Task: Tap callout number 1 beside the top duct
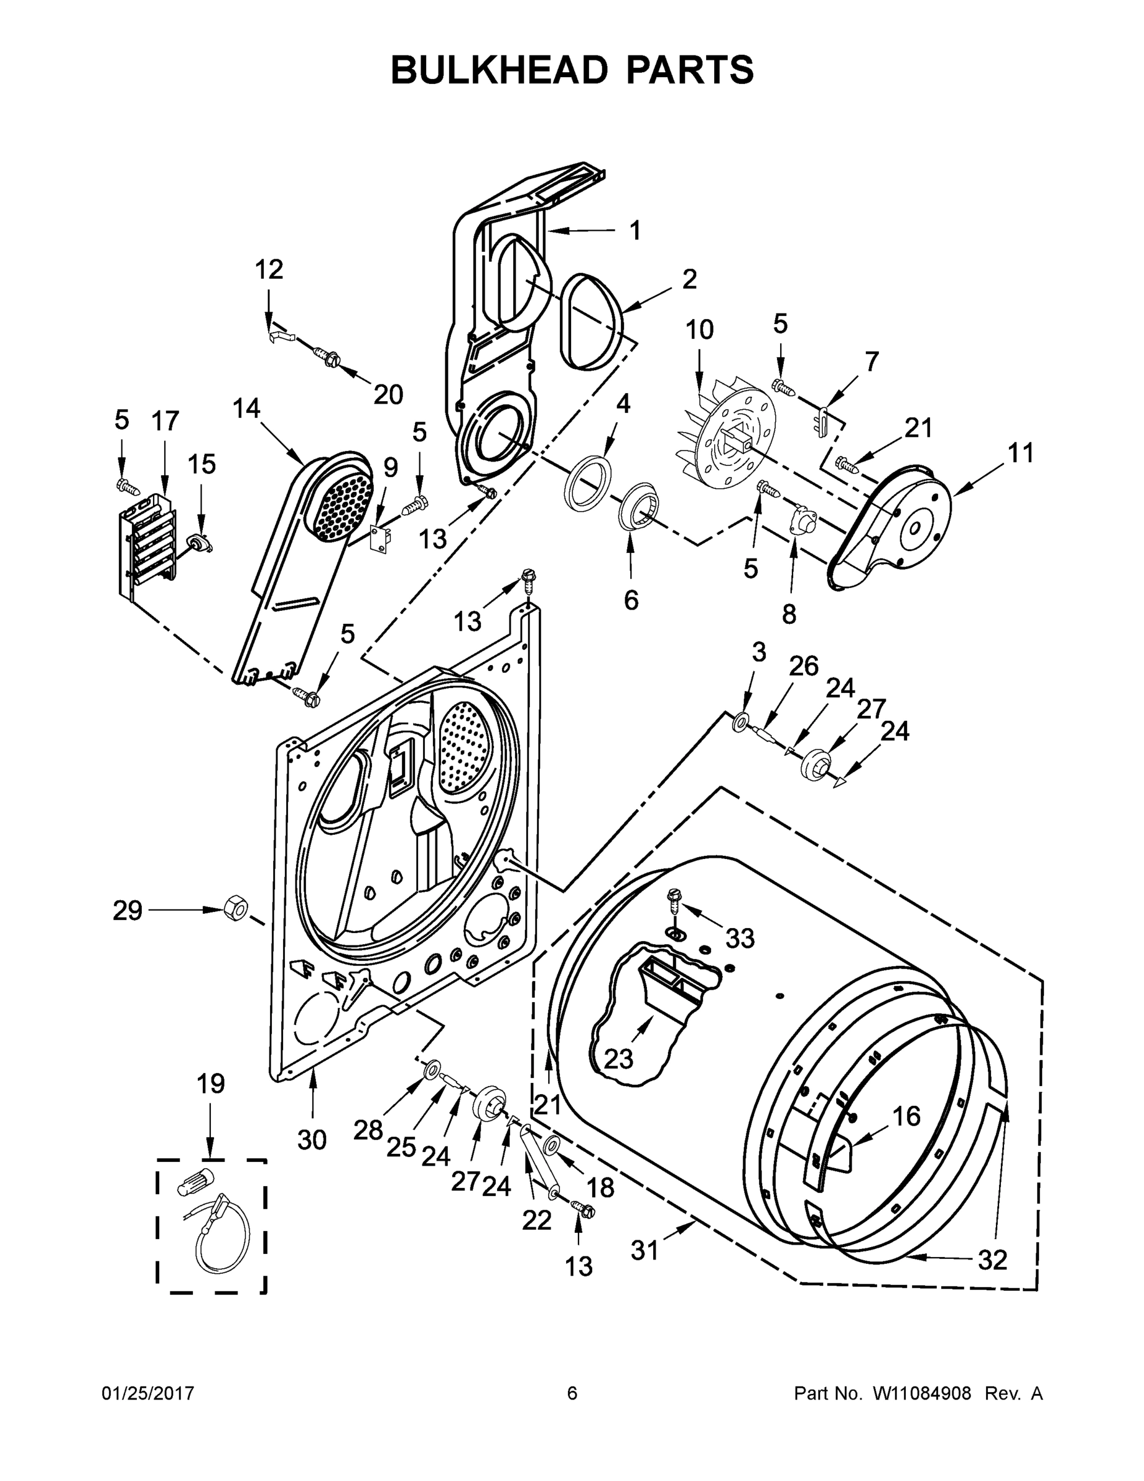click(635, 231)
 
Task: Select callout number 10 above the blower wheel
click(699, 330)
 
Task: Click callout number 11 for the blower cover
click(1021, 453)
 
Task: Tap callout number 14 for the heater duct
click(246, 409)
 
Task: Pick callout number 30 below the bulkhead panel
click(312, 1140)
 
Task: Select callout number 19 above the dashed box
click(211, 1084)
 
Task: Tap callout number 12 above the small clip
click(269, 270)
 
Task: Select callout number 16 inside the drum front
click(906, 1116)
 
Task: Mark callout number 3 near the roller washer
click(759, 652)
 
